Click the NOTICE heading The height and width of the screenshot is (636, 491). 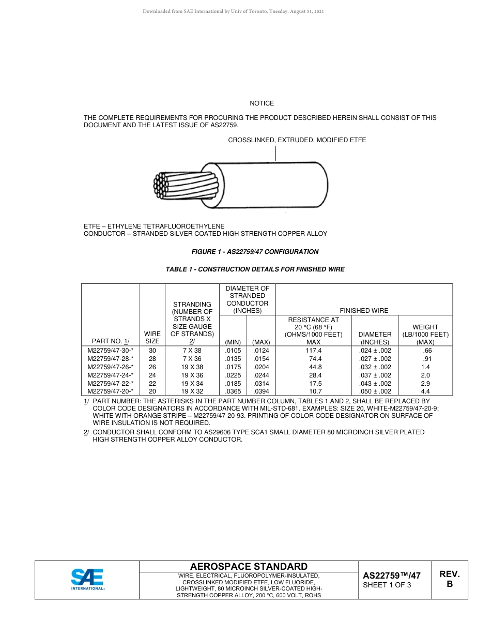pyautogui.click(x=262, y=103)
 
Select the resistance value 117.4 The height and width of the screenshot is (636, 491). pyautogui.click(x=313, y=351)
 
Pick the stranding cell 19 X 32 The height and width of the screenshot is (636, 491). pyautogui.click(x=192, y=391)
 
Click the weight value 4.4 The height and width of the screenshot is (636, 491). pyautogui.click(x=425, y=391)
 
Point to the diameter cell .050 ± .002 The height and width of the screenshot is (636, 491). pyautogui.click(x=375, y=391)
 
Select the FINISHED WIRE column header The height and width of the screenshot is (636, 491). pyautogui.click(x=364, y=311)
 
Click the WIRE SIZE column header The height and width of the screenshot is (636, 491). pyautogui.click(x=152, y=338)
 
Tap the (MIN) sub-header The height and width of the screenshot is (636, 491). pyautogui.click(x=233, y=342)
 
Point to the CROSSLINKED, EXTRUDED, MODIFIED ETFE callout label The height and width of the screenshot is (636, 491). pyautogui.click(x=297, y=140)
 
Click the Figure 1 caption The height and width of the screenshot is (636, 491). pyautogui.click(x=255, y=252)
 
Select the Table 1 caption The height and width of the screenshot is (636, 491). pyautogui.click(x=255, y=269)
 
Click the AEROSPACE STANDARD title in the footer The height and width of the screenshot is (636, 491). pyautogui.click(x=249, y=567)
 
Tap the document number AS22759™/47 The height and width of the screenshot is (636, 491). pyautogui.click(x=391, y=576)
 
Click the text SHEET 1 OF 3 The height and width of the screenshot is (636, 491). pyautogui.click(x=387, y=585)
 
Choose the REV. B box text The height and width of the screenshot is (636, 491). pyautogui.click(x=449, y=579)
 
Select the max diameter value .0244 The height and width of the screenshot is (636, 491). pyautogui.click(x=261, y=375)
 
